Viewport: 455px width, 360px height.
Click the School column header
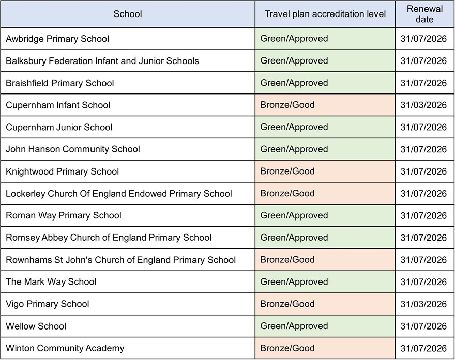(x=127, y=14)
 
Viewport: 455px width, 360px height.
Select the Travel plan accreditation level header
(x=325, y=14)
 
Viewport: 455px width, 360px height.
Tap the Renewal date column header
(x=424, y=14)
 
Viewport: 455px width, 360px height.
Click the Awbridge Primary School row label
(x=57, y=39)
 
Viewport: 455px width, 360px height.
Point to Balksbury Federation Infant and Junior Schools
(x=102, y=61)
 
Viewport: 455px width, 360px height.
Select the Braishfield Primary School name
(x=60, y=83)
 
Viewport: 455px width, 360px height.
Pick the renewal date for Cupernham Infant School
(x=423, y=105)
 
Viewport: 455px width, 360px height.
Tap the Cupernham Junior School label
(x=59, y=127)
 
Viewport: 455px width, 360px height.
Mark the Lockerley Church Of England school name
(x=119, y=194)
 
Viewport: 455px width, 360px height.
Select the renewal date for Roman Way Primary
(x=423, y=215)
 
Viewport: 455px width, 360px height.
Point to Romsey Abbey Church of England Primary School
(x=109, y=238)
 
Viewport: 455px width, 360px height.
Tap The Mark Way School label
(x=51, y=282)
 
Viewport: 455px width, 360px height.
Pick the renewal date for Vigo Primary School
(x=423, y=304)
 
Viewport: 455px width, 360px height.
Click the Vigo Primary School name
(x=48, y=304)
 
